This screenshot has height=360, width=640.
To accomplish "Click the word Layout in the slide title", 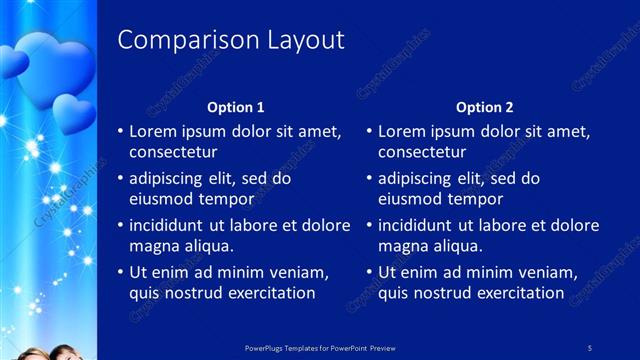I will pyautogui.click(x=304, y=40).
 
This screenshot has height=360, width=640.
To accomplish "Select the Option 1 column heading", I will pyautogui.click(x=236, y=107).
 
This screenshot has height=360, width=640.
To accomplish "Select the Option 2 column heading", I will pyautogui.click(x=485, y=107).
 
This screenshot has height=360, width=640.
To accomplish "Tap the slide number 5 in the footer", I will pyautogui.click(x=590, y=347).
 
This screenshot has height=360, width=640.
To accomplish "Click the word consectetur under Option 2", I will pyautogui.click(x=422, y=152).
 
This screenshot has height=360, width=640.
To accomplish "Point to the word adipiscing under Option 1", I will pyautogui.click(x=172, y=179).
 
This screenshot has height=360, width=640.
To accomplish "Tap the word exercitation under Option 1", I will pyautogui.click(x=269, y=293).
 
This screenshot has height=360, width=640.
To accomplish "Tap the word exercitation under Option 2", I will pyautogui.click(x=518, y=293).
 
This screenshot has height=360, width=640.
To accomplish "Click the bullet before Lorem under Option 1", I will pyautogui.click(x=120, y=131).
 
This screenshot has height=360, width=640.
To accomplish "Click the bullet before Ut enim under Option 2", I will pyautogui.click(x=369, y=272).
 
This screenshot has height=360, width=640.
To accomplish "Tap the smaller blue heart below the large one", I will pyautogui.click(x=73, y=113).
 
